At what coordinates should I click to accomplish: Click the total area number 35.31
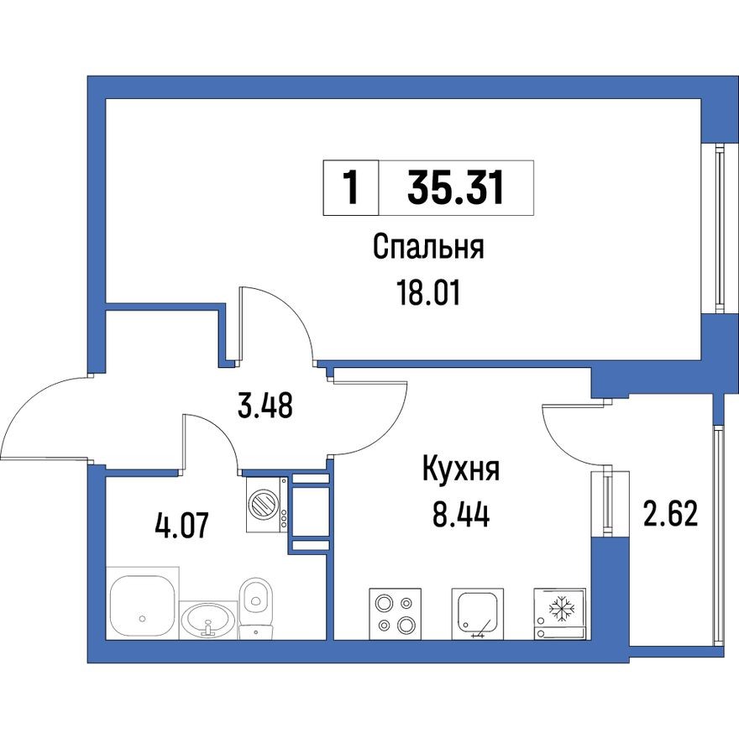coord(456,187)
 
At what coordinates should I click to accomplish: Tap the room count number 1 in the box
coord(351,187)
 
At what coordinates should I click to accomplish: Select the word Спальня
coord(429,249)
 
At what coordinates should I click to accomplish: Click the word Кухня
coord(460,469)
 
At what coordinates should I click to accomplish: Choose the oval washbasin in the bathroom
coord(207,621)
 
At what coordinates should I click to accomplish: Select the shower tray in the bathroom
coord(142,607)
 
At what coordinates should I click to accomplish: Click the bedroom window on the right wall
coord(720,227)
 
